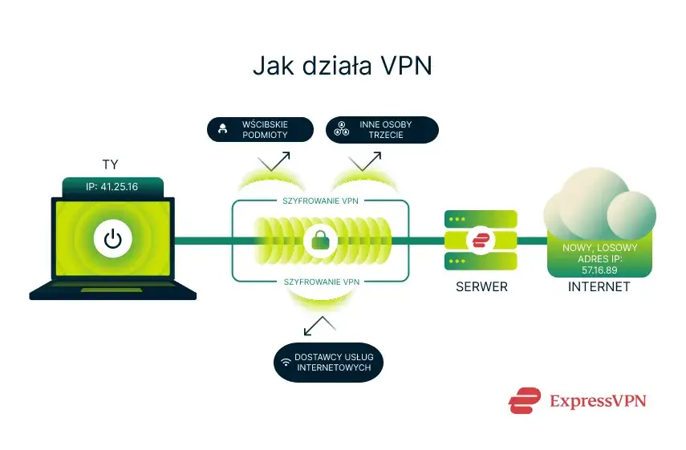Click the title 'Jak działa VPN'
(x=343, y=66)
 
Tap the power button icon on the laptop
(x=113, y=239)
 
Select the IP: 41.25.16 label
(x=113, y=188)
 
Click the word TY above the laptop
(x=111, y=164)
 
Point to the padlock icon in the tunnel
(x=320, y=239)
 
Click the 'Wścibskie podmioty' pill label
(x=259, y=130)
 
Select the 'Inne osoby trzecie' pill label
(x=382, y=130)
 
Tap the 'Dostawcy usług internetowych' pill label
(x=327, y=362)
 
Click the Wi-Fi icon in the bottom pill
(x=285, y=362)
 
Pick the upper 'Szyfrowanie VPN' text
(x=321, y=201)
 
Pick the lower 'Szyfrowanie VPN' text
(x=321, y=281)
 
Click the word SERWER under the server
(x=481, y=286)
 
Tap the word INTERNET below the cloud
(x=599, y=286)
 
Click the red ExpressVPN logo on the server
(x=481, y=240)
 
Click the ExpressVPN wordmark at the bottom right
(x=597, y=400)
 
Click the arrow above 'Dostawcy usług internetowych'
(x=320, y=325)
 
